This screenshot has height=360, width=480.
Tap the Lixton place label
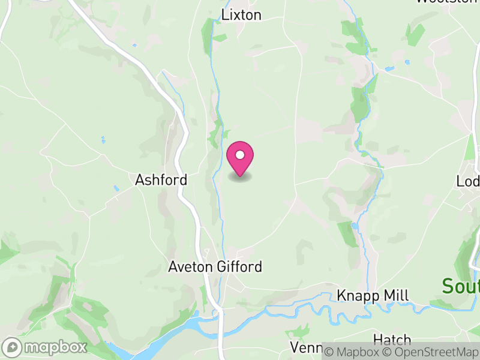(x=241, y=15)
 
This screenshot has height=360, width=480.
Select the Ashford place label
(x=161, y=179)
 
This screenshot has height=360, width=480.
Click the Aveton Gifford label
(x=215, y=266)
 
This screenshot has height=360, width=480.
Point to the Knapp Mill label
(x=373, y=296)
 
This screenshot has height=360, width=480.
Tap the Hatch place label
(x=392, y=340)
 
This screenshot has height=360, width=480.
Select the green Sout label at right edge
(x=461, y=286)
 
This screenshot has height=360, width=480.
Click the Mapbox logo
(x=46, y=347)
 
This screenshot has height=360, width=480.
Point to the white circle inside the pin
(x=240, y=155)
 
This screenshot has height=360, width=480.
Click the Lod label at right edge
(x=468, y=181)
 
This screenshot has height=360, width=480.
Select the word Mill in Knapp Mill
(x=396, y=296)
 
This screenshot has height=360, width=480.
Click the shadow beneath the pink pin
(x=240, y=177)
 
